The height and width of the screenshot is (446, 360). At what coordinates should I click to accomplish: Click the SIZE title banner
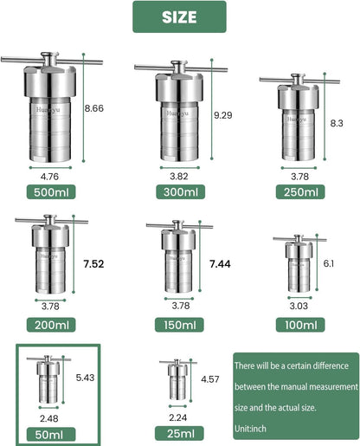[178, 16]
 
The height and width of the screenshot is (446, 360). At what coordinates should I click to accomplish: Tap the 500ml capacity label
[56, 193]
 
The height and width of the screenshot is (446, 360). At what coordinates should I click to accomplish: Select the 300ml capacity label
[178, 193]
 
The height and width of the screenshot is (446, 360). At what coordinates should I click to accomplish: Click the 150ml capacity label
[179, 325]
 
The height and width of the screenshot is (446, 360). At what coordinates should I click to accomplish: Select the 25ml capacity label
[179, 432]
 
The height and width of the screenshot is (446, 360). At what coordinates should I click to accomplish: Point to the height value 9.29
[224, 115]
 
